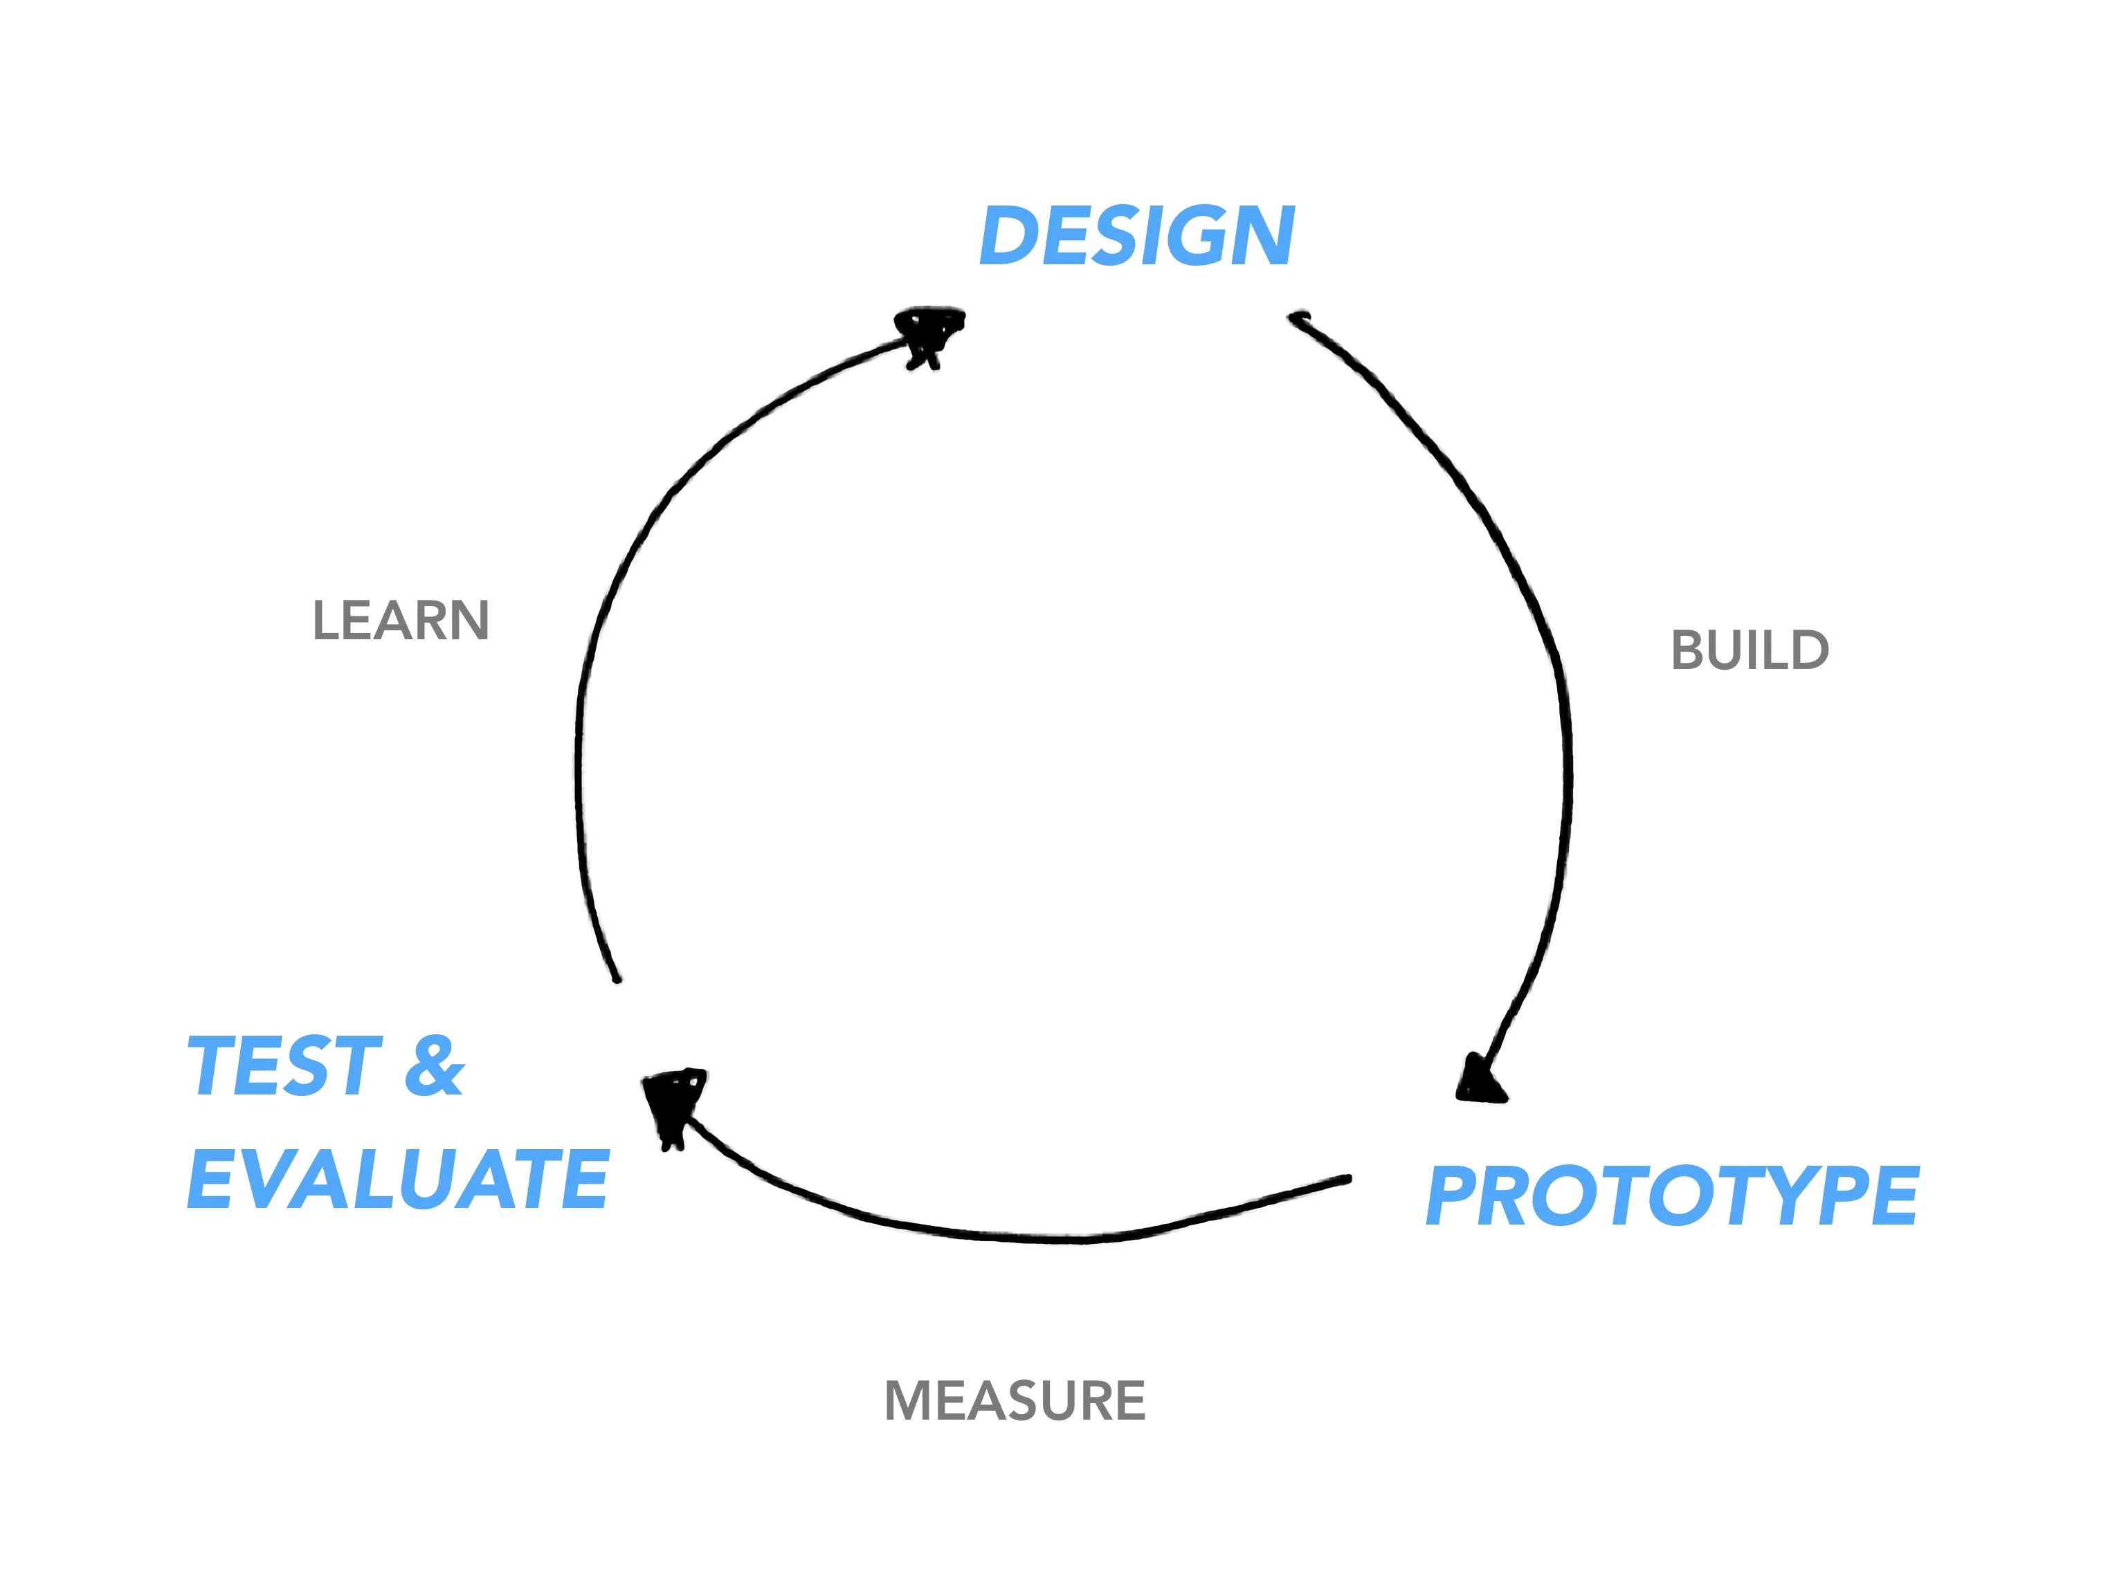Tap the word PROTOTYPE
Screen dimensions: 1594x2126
1671,1195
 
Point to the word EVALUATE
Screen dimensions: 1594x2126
398,1179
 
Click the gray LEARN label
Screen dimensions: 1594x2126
401,621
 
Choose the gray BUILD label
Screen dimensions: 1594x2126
1750,650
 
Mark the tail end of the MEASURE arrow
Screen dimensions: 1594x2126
1347,1180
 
